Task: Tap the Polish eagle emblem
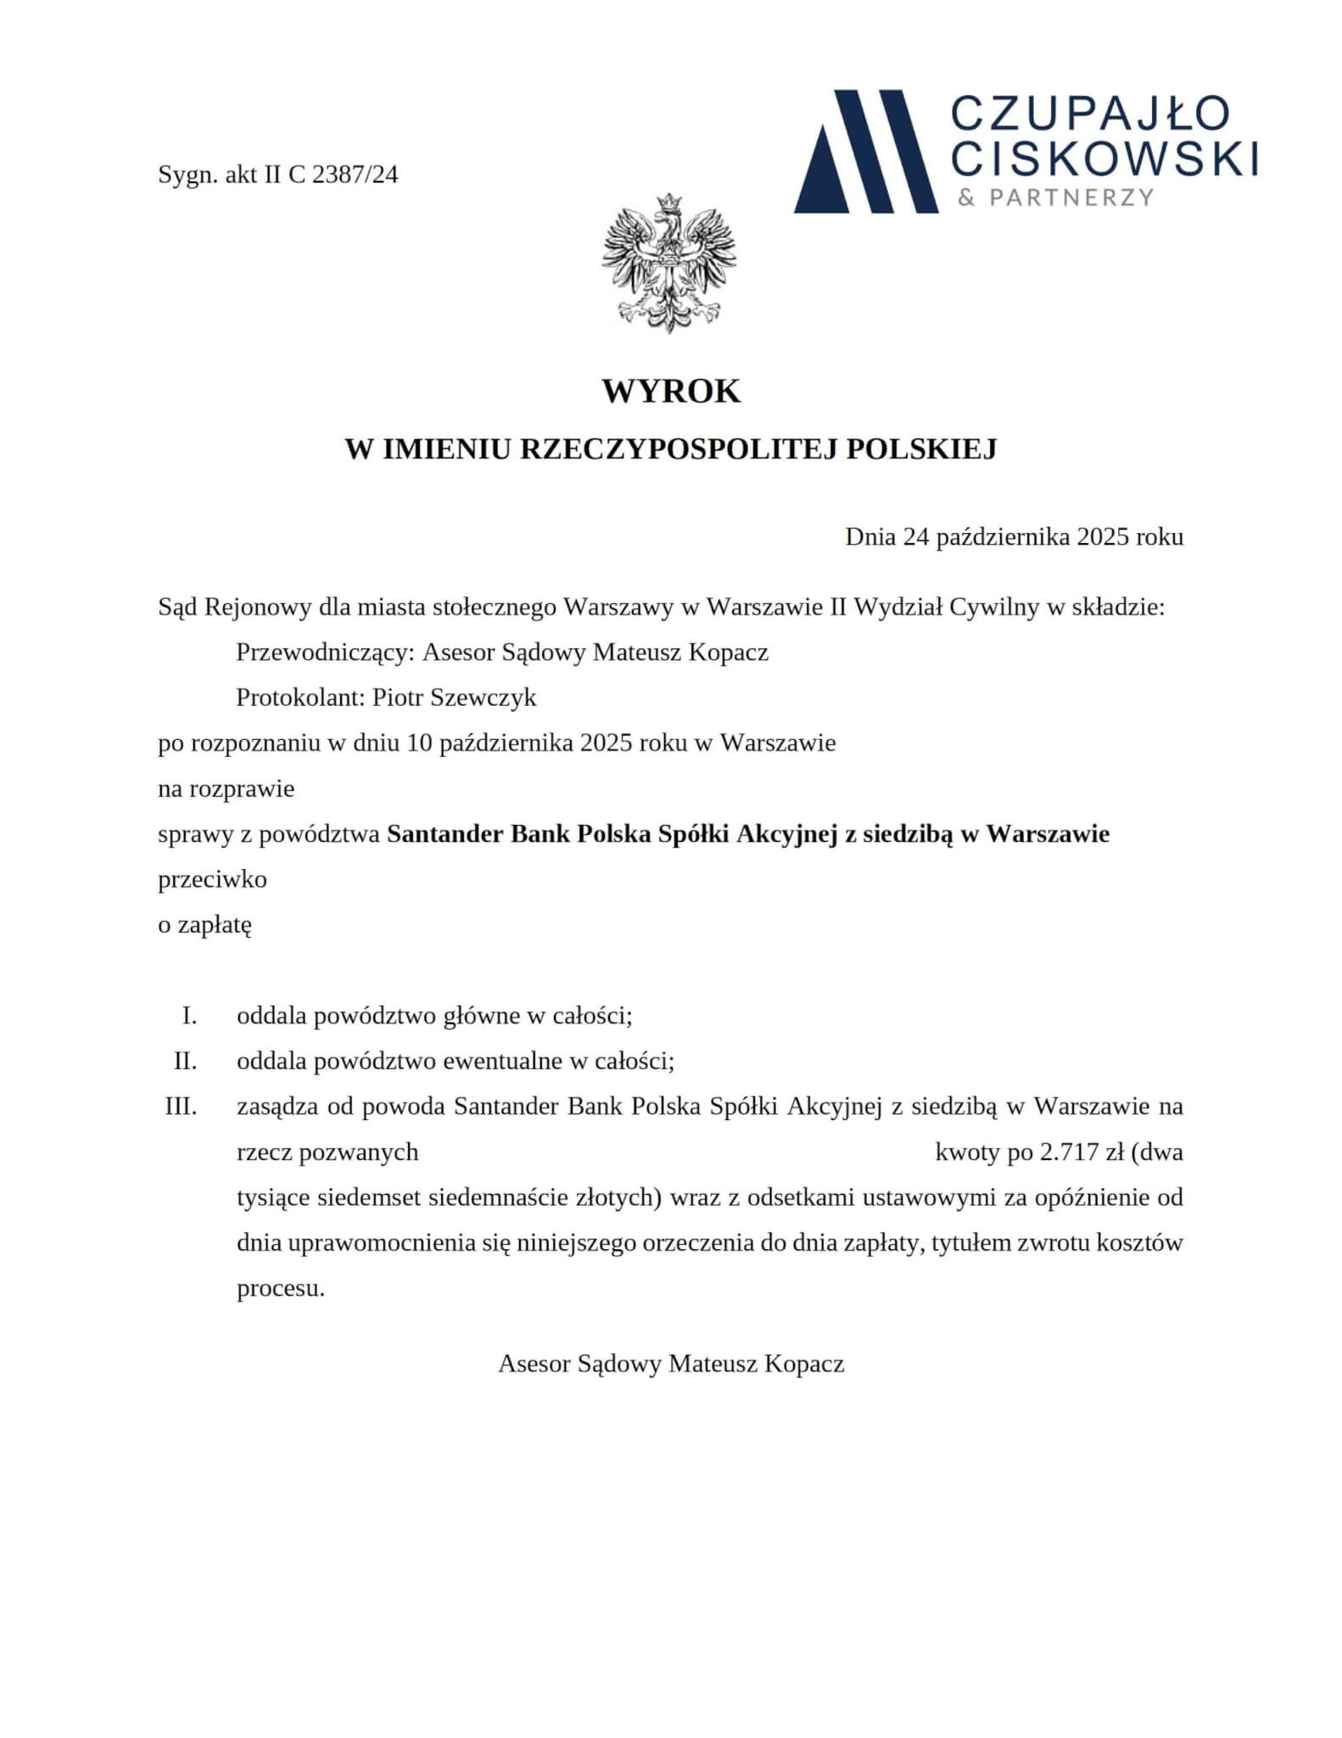pos(669,262)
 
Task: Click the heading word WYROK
pos(671,391)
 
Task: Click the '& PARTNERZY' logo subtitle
pos(1055,198)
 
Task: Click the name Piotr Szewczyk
pos(455,698)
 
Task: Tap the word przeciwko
pos(212,879)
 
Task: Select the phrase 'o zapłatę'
pos(204,924)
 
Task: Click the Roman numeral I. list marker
pos(189,1016)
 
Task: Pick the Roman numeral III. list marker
pos(181,1107)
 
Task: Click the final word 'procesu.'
pos(280,1288)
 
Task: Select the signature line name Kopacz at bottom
pos(803,1364)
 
